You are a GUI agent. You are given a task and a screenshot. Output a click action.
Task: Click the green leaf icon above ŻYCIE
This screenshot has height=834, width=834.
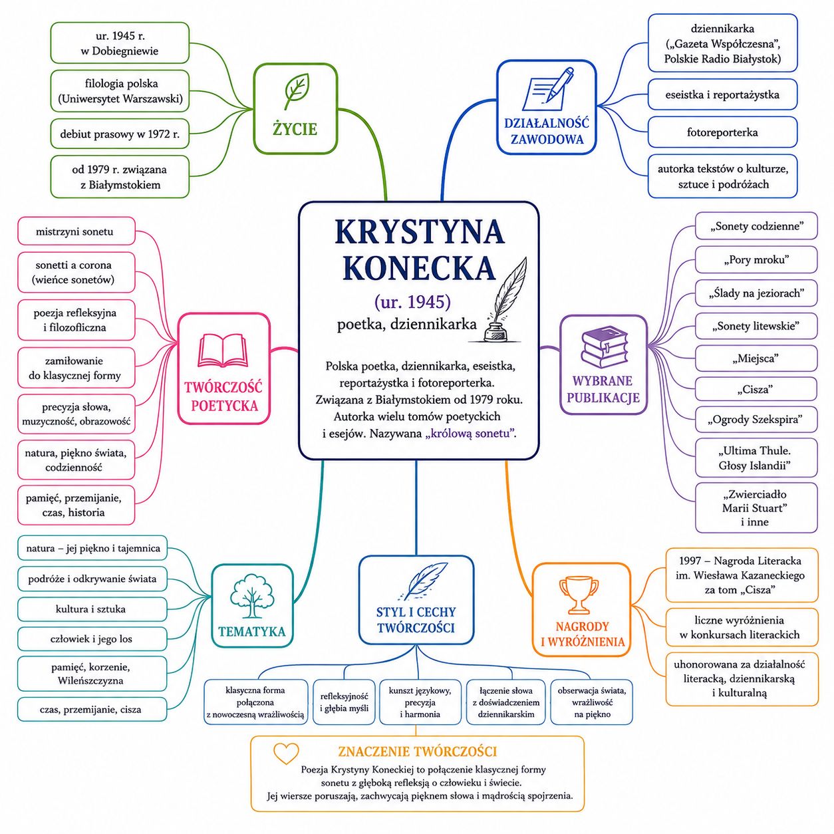[x=297, y=91]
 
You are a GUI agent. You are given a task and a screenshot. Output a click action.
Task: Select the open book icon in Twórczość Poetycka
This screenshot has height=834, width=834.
[x=222, y=350]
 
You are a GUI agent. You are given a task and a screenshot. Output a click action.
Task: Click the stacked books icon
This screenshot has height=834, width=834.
[x=604, y=345]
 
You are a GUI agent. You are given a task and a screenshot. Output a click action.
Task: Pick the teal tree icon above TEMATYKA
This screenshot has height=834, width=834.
[x=252, y=595]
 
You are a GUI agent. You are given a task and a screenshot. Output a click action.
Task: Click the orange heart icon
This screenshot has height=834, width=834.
[x=286, y=754]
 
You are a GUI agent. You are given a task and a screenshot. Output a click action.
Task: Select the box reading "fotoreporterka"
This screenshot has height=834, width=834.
[x=722, y=132]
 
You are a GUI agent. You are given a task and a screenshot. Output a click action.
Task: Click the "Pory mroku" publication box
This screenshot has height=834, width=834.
[x=756, y=259]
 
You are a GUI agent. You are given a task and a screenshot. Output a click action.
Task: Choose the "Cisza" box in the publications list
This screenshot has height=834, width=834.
[x=756, y=389]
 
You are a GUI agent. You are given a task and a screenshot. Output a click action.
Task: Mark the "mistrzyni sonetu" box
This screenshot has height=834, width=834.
[x=76, y=231]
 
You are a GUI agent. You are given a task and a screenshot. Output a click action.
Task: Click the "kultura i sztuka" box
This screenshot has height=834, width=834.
[x=92, y=609]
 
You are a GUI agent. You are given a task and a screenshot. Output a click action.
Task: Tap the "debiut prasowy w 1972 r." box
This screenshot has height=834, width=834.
[x=120, y=134]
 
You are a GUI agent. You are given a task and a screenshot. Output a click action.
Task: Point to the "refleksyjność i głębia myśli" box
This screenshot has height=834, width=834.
[x=344, y=702]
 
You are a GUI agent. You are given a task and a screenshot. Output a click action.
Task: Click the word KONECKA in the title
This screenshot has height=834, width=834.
[x=420, y=269]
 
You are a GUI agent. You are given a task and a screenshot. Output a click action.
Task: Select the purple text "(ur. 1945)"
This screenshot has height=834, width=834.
[x=412, y=302]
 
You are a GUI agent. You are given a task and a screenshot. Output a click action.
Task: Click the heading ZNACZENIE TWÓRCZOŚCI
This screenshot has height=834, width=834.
[x=417, y=752]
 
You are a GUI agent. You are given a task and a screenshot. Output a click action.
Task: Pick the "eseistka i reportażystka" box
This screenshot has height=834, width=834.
[x=722, y=94]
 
